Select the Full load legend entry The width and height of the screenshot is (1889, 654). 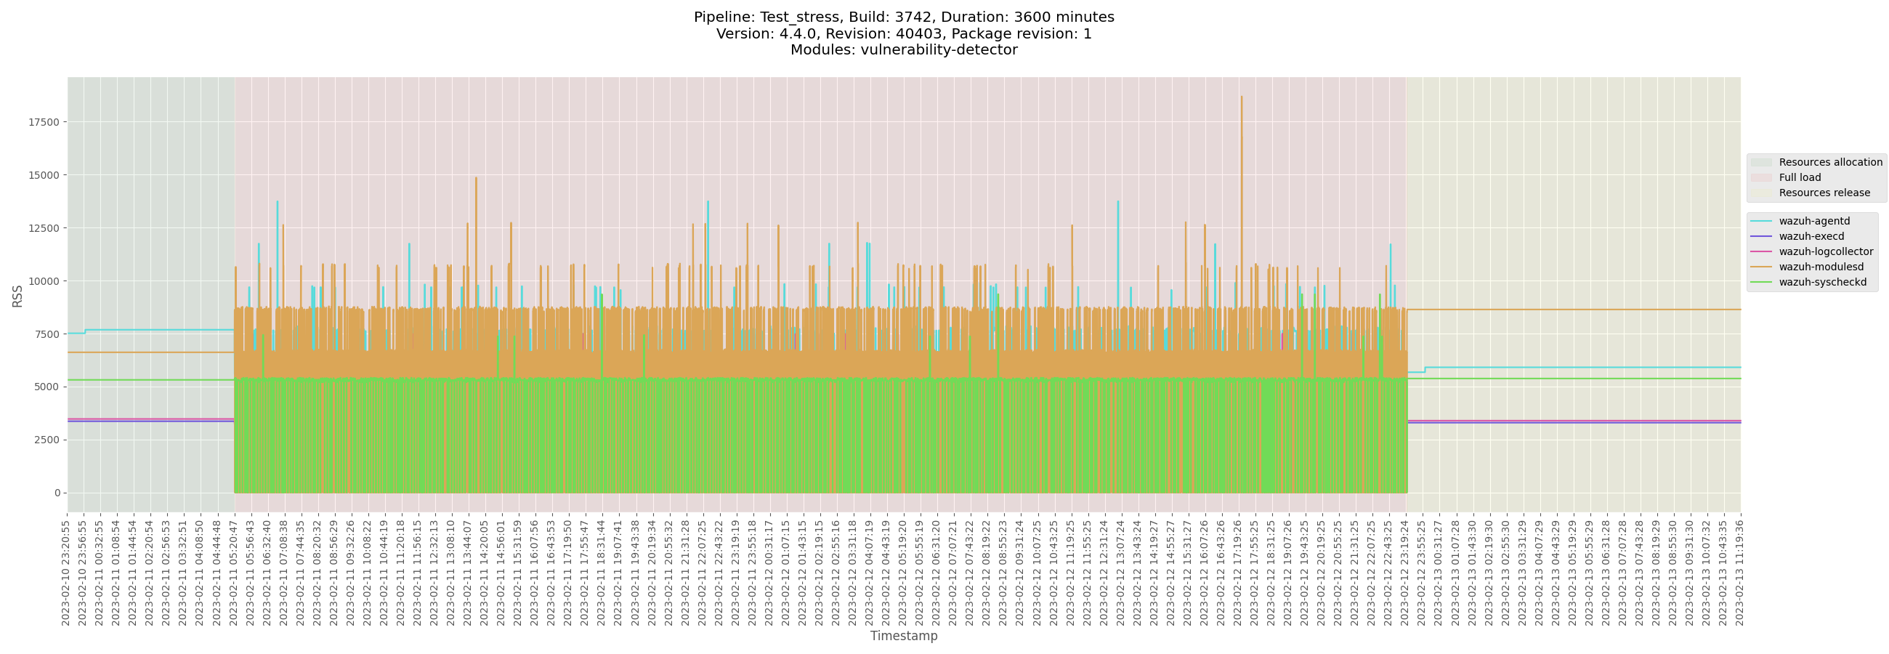point(1799,177)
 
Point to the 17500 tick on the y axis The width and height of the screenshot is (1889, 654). point(44,122)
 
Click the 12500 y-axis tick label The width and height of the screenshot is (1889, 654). point(44,228)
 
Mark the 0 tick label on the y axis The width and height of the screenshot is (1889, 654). point(57,493)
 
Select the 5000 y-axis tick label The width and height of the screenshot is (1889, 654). point(46,387)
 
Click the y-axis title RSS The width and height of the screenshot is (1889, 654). point(17,296)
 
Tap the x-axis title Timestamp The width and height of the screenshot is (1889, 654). point(903,636)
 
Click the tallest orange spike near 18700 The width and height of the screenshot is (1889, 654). point(1242,97)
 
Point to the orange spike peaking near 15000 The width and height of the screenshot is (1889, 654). point(476,178)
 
